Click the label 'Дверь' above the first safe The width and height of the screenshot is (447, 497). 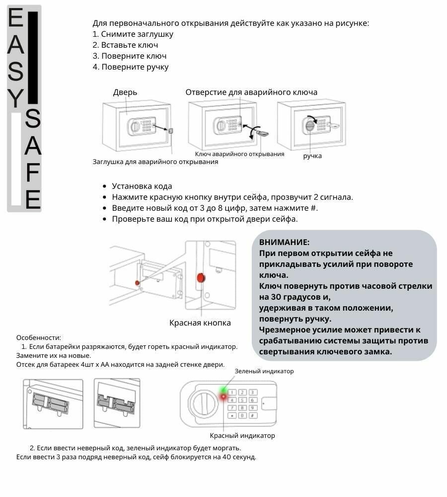(x=125, y=92)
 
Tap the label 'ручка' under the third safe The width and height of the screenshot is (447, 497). (x=312, y=156)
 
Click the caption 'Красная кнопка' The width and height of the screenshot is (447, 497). (x=200, y=323)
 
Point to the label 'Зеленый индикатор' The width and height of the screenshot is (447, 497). (x=264, y=371)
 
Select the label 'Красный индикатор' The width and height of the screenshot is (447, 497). (x=242, y=436)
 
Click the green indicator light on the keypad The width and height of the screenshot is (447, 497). (x=224, y=390)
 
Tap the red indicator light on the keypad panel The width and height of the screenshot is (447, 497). (x=223, y=397)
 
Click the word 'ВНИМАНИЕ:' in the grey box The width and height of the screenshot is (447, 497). (x=284, y=242)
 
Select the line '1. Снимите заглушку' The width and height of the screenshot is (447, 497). (x=133, y=34)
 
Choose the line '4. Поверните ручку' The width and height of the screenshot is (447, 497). (x=131, y=67)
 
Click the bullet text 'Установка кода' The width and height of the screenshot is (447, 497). (x=142, y=186)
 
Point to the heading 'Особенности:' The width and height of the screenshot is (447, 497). (x=39, y=337)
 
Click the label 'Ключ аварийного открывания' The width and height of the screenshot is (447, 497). (x=239, y=154)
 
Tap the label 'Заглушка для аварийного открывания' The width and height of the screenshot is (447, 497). (x=155, y=162)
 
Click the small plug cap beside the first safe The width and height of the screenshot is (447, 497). (x=171, y=131)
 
